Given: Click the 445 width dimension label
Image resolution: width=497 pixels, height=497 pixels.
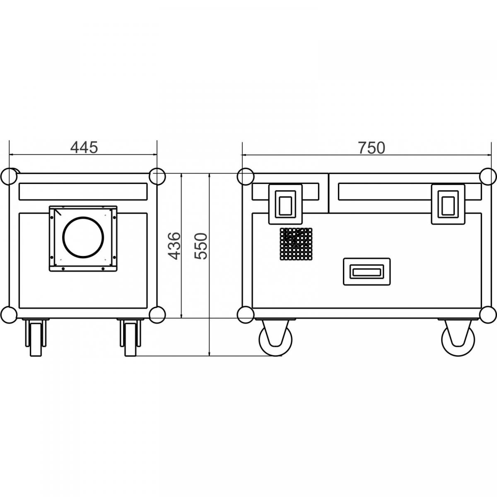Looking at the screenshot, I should (x=84, y=147).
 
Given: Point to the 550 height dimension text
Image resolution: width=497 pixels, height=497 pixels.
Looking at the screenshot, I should (x=201, y=246).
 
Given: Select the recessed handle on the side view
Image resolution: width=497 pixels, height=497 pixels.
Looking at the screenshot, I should (x=367, y=272).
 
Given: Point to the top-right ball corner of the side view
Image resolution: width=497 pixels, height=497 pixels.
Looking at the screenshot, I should (x=488, y=176).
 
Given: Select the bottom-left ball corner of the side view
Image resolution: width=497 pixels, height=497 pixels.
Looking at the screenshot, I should (x=245, y=314).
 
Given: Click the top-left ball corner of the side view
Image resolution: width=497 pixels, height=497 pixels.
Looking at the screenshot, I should (x=245, y=176).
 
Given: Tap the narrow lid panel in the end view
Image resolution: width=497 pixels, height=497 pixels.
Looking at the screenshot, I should (x=83, y=191).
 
